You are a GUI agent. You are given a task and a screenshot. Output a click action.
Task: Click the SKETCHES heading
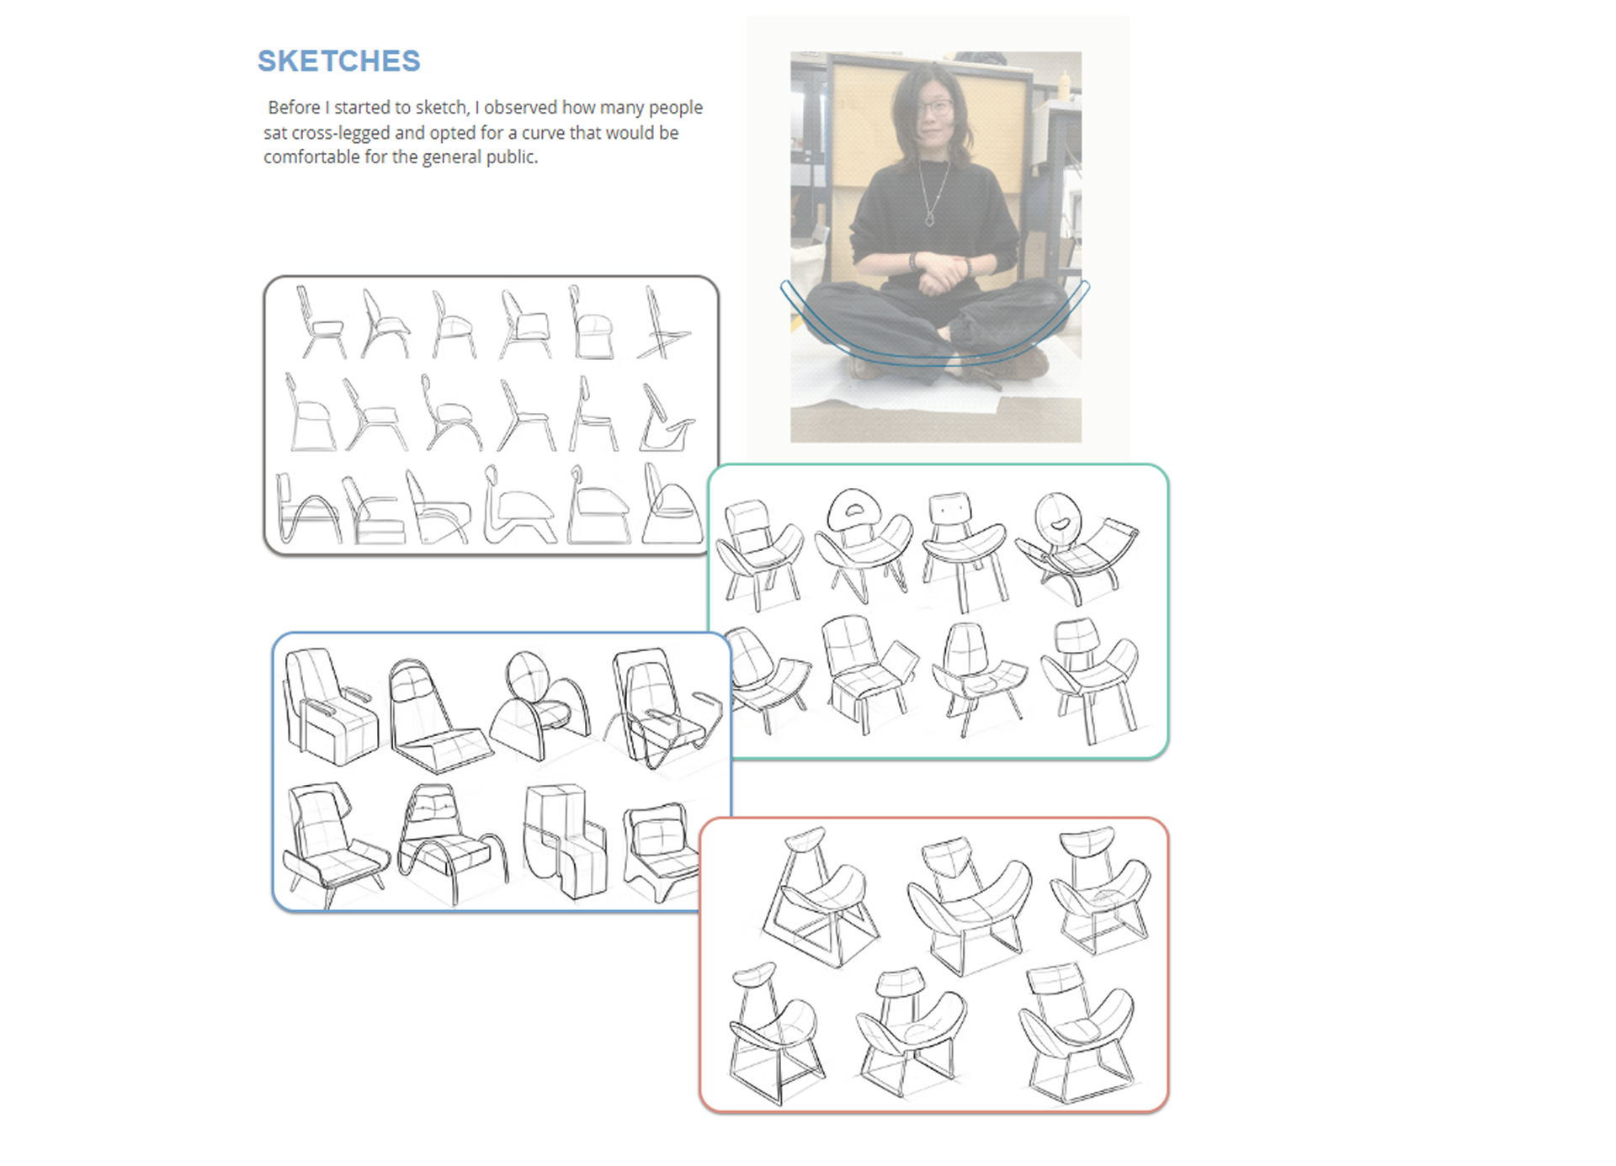tap(338, 61)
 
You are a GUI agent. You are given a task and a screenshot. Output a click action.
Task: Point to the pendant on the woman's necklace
tap(929, 219)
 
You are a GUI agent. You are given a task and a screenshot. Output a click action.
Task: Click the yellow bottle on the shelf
tap(1066, 84)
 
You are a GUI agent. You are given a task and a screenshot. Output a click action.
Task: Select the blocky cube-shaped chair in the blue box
tap(564, 840)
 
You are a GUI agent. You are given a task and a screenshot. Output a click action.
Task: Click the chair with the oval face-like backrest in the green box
tap(1076, 547)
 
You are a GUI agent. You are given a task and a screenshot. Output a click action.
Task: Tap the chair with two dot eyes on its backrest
tap(963, 550)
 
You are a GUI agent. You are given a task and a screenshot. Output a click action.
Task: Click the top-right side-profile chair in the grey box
tap(665, 323)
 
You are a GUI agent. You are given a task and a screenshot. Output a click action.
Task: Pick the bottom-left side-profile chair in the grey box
tap(307, 509)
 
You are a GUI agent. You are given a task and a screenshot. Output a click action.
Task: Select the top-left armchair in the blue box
tap(330, 707)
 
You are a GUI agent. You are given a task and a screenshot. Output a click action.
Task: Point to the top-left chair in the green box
tap(759, 554)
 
